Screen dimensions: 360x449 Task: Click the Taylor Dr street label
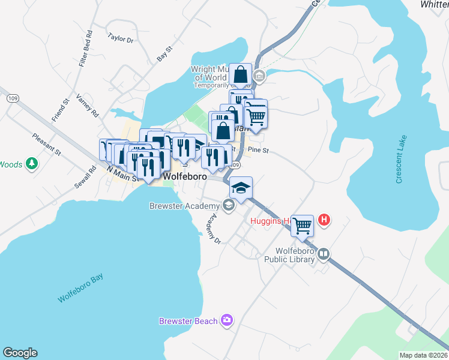120,38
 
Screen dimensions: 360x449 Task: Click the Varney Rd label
86,105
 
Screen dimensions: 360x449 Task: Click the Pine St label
258,150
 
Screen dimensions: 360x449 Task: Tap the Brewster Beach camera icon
226,320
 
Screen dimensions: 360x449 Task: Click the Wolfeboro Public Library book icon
324,254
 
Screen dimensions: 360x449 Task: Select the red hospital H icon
324,220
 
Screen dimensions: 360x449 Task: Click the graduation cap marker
241,188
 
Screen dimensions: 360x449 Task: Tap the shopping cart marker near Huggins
302,226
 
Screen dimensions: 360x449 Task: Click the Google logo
20,353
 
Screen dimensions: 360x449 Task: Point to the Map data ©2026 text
423,355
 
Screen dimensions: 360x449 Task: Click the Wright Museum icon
259,76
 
